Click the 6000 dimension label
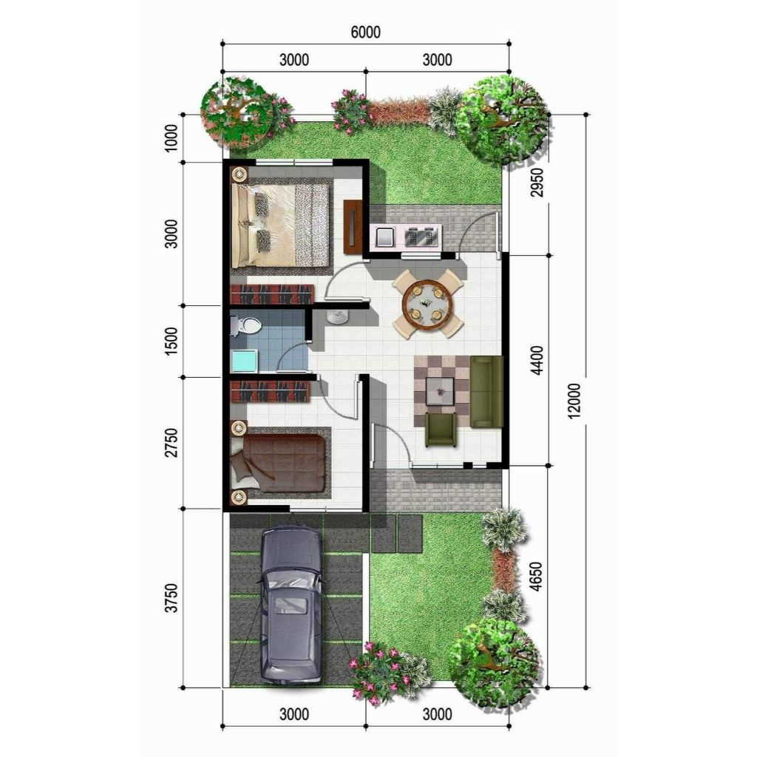tap(366, 33)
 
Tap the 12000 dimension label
tap(577, 402)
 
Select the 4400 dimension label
tap(537, 360)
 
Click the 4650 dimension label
tap(537, 578)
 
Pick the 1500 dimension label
tap(172, 341)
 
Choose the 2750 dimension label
tap(172, 441)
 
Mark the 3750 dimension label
tap(172, 598)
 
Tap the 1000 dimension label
tap(172, 138)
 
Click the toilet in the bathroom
tap(246, 325)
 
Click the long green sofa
tap(486, 391)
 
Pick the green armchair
tap(441, 429)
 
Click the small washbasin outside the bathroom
tap(339, 317)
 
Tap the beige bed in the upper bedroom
tap(281, 225)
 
